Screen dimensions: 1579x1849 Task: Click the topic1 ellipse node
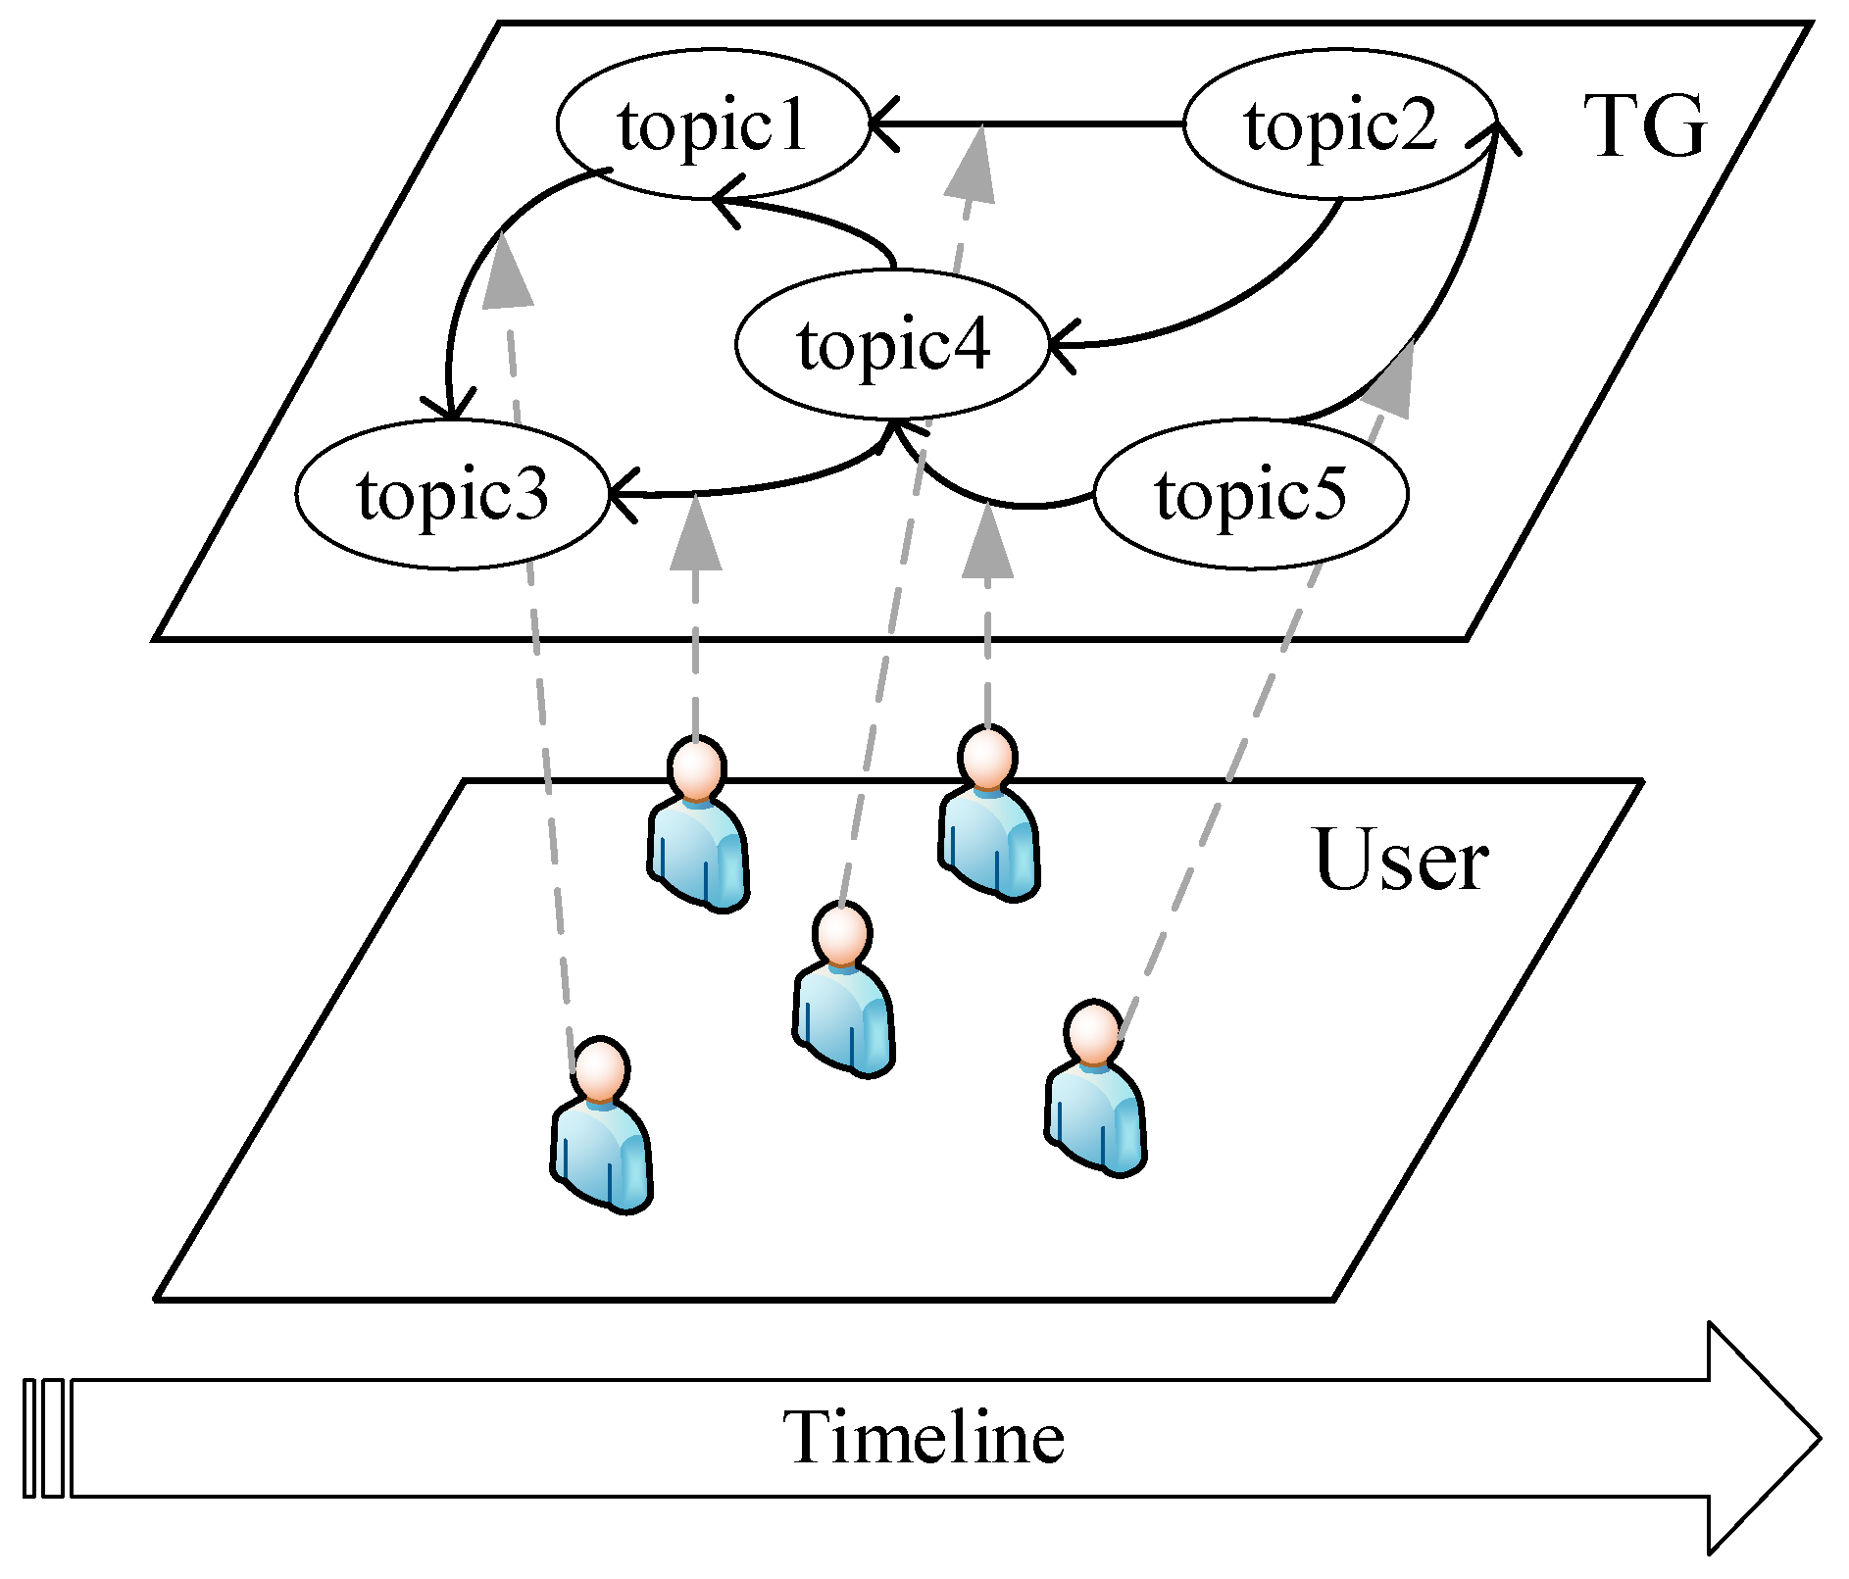[x=713, y=124]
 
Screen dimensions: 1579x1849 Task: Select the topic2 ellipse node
[x=1339, y=124]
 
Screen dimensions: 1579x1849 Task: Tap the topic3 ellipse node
[x=452, y=494]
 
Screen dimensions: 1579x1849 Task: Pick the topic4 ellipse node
[x=892, y=344]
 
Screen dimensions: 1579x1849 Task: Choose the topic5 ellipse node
[x=1251, y=494]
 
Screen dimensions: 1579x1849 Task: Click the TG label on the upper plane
[x=1644, y=127]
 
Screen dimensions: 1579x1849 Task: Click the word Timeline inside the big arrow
[x=924, y=1438]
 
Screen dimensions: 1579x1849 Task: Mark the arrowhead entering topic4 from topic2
[x=1061, y=345]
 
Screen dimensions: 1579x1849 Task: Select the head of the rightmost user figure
[x=1094, y=1034]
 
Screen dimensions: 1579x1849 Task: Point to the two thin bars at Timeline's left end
[x=44, y=1438]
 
